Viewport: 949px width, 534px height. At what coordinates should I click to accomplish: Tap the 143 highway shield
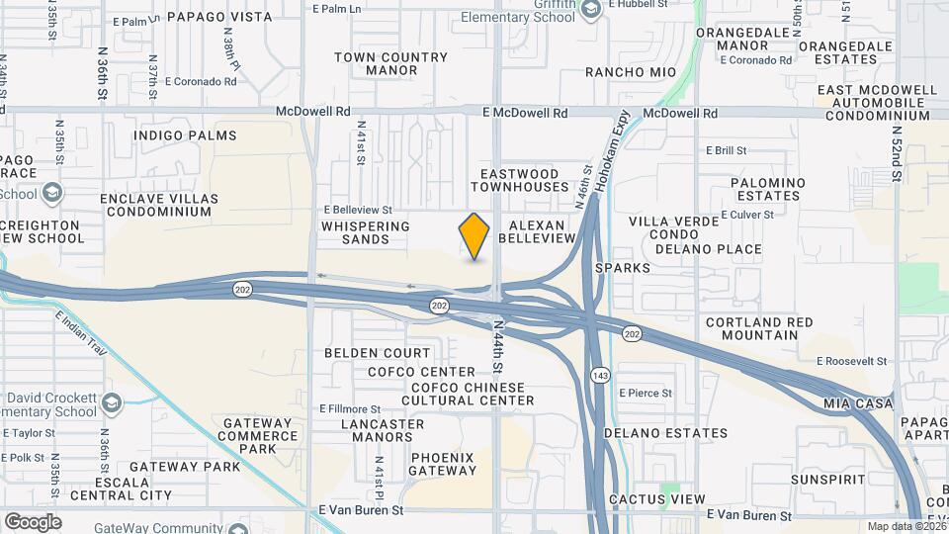coord(600,375)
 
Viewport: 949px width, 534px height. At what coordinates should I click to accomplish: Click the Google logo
coord(33,521)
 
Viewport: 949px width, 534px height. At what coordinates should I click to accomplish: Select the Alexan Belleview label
coord(537,231)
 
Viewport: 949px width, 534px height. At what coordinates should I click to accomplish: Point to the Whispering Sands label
coord(365,232)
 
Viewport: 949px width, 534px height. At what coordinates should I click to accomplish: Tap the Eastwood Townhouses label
coord(525,180)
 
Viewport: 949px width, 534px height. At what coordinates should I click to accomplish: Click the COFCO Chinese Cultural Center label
coord(469,394)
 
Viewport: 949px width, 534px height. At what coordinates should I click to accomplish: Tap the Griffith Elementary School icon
coord(591,10)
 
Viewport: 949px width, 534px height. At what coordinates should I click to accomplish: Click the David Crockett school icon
coord(112,403)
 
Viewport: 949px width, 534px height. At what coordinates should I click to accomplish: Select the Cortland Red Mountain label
coord(759,328)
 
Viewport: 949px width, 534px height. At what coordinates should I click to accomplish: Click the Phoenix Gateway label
coord(443,464)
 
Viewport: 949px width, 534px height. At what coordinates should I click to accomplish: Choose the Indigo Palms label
coord(185,135)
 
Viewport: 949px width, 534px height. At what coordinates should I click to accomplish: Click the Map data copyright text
coord(906,527)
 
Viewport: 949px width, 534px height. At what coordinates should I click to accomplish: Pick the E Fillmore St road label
coord(350,408)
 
